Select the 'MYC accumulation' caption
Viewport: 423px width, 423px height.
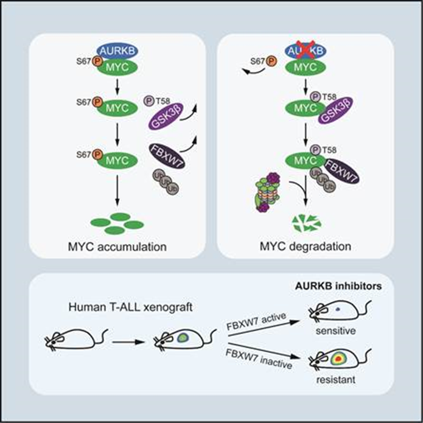pos(117,248)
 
